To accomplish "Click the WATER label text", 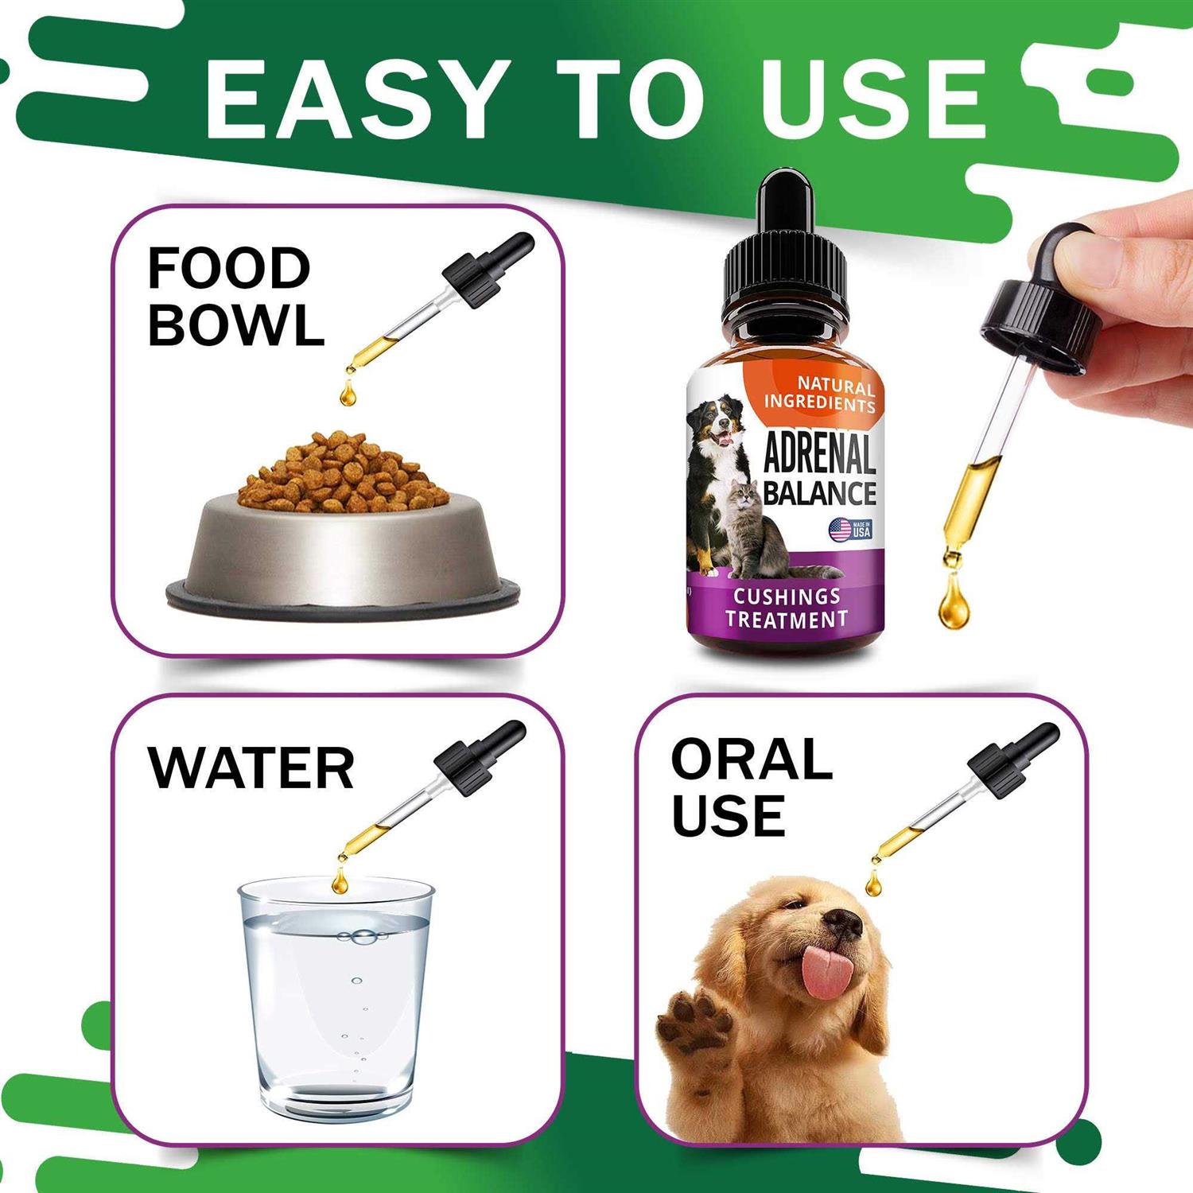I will [x=251, y=768].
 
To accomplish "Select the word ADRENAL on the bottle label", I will [x=819, y=455].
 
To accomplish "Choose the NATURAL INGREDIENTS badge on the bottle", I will [x=821, y=395].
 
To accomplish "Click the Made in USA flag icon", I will [x=841, y=530].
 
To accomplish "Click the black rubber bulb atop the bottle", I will [x=784, y=199].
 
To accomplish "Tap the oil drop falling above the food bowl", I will [x=347, y=394].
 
